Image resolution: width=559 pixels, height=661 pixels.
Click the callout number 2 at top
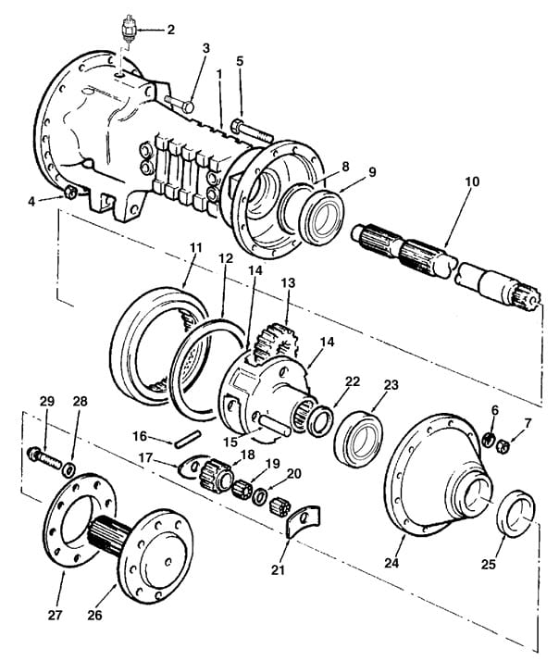pos(169,30)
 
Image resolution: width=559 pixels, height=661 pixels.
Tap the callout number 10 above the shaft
pos(472,182)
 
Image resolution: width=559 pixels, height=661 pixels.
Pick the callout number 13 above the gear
pos(288,281)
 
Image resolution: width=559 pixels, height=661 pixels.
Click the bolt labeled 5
pos(242,128)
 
